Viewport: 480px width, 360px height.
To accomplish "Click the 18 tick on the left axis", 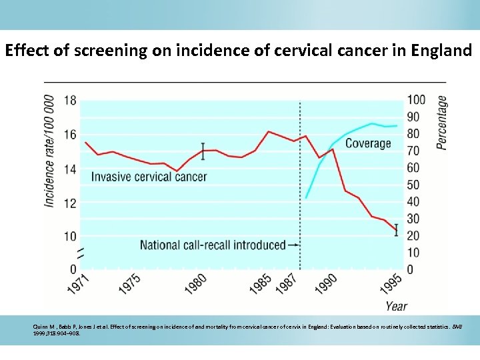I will pyautogui.click(x=70, y=101).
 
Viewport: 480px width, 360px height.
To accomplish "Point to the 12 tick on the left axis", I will pyautogui.click(x=70, y=203).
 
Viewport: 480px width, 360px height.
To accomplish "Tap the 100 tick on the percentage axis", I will pyautogui.click(x=416, y=100).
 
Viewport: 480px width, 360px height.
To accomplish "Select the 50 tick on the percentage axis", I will pyautogui.click(x=413, y=185).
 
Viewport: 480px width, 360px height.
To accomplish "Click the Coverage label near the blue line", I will pyautogui.click(x=367, y=143).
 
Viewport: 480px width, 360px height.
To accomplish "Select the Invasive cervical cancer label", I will pyautogui.click(x=149, y=177).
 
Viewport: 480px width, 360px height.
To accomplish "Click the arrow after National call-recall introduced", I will pyautogui.click(x=293, y=245).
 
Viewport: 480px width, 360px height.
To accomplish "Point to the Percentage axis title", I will pyautogui.click(x=441, y=122).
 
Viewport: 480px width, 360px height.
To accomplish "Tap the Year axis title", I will pyautogui.click(x=396, y=307).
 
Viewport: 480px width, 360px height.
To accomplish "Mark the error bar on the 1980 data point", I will pyautogui.click(x=203, y=151).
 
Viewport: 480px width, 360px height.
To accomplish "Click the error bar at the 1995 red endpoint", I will pyautogui.click(x=397, y=230).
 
